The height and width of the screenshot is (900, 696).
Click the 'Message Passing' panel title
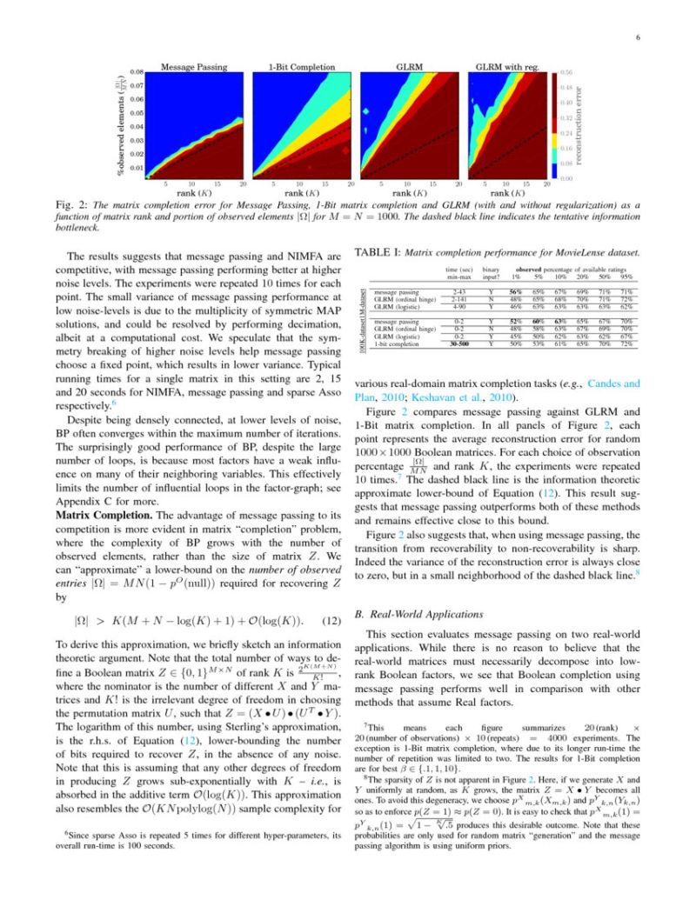pyautogui.click(x=193, y=65)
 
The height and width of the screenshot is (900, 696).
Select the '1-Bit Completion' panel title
pyautogui.click(x=300, y=65)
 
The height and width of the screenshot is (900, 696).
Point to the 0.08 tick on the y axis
pyautogui.click(x=137, y=71)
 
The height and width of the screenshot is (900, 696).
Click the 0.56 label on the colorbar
pyautogui.click(x=566, y=72)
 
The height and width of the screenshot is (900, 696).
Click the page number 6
pyautogui.click(x=638, y=37)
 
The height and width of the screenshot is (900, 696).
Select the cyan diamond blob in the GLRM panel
pyautogui.click(x=366, y=112)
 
